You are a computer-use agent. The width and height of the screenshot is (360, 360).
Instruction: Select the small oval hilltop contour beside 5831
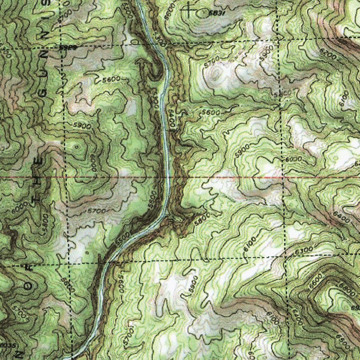click(x=204, y=13)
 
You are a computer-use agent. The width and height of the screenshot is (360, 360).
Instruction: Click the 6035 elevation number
click(x=8, y=346)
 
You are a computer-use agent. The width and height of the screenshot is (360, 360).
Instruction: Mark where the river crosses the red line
click(x=168, y=177)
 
